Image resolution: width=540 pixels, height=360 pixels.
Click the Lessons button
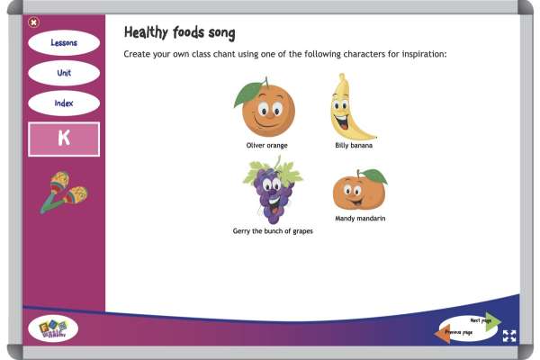point(63,42)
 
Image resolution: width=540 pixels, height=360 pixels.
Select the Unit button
point(63,73)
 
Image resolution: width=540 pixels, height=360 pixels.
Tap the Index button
point(63,103)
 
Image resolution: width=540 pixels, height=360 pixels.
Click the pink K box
point(63,139)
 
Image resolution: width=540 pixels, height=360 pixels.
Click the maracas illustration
point(63,192)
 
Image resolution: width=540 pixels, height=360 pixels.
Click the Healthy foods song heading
point(179,33)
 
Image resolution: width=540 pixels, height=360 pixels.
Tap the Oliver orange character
point(263,110)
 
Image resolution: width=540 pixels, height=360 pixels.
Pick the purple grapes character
point(271,191)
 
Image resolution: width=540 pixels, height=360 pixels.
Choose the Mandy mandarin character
point(359,190)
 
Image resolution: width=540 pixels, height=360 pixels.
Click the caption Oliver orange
point(268,145)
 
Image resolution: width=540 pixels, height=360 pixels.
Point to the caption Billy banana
point(354,145)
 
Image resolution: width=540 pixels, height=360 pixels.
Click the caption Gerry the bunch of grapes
point(273,231)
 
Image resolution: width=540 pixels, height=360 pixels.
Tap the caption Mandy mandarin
point(360,218)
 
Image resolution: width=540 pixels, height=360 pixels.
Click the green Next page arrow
point(491,321)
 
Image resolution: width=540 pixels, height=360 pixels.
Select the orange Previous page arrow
point(444,333)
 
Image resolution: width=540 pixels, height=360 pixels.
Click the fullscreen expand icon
point(509,336)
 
